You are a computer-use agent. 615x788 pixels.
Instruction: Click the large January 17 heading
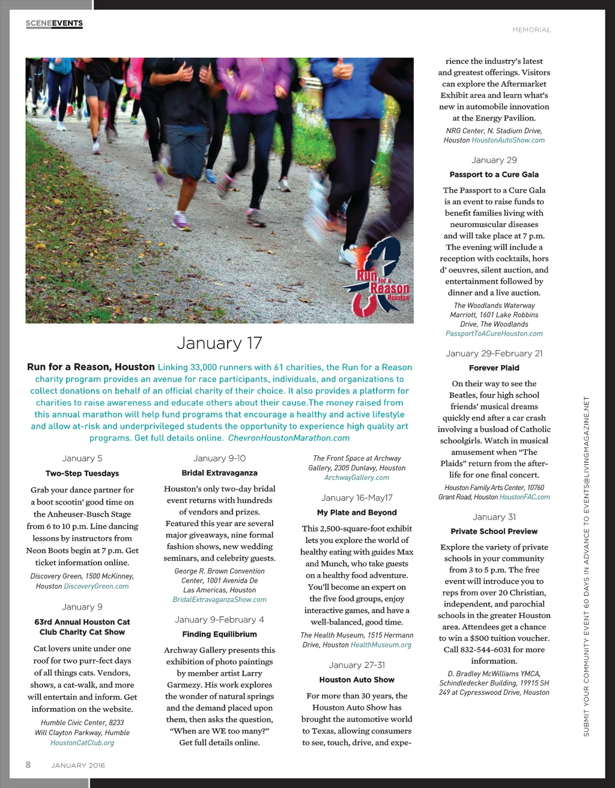pyautogui.click(x=219, y=343)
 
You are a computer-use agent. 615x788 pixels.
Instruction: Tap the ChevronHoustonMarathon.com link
pyautogui.click(x=289, y=438)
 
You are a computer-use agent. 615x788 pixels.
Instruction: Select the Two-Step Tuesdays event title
pyautogui.click(x=82, y=473)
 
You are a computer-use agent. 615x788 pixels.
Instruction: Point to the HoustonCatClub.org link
pyautogui.click(x=82, y=743)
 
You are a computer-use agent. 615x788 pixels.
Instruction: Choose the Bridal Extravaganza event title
pyautogui.click(x=219, y=473)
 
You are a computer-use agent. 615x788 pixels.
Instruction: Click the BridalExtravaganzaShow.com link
pyautogui.click(x=219, y=599)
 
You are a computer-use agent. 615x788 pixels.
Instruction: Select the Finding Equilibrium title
pyautogui.click(x=219, y=634)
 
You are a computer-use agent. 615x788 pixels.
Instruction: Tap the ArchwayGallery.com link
pyautogui.click(x=357, y=477)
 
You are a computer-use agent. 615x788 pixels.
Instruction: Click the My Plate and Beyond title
pyautogui.click(x=357, y=512)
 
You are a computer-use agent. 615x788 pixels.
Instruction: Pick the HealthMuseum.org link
pyautogui.click(x=381, y=645)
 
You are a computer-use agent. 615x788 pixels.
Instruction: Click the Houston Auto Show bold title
pyautogui.click(x=357, y=680)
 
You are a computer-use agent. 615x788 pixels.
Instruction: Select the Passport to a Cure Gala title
pyautogui.click(x=494, y=174)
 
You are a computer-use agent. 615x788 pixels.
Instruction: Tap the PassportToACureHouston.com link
pyautogui.click(x=494, y=334)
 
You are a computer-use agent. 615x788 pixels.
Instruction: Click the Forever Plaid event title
pyautogui.click(x=494, y=368)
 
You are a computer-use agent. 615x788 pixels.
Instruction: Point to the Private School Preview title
pyautogui.click(x=494, y=531)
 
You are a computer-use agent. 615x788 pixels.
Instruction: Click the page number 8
pyautogui.click(x=28, y=765)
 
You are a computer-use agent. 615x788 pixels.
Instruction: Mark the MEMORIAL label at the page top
pyautogui.click(x=531, y=29)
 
